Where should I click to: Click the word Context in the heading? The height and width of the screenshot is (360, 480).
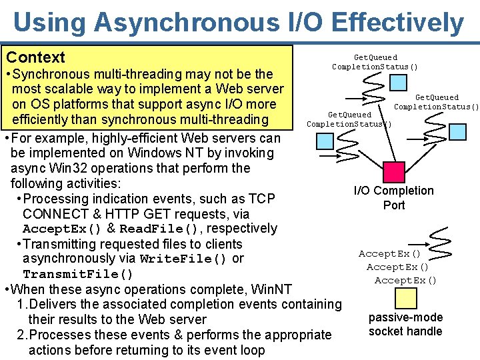[35, 57]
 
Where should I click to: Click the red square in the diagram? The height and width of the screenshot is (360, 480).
[395, 172]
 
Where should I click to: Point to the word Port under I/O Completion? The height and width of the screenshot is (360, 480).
[394, 205]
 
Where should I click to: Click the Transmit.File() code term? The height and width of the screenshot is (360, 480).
[78, 274]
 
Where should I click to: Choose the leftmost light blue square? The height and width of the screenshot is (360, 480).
[325, 141]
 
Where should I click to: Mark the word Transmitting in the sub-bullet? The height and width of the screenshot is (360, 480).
[63, 244]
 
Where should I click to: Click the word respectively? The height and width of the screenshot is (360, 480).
[243, 229]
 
